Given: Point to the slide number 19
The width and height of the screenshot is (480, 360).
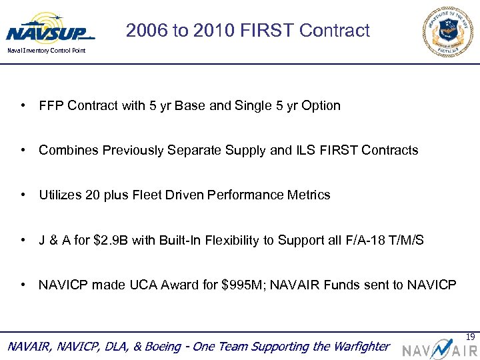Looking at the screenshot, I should pos(471,337).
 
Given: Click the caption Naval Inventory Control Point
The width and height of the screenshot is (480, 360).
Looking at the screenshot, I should pos(46,51).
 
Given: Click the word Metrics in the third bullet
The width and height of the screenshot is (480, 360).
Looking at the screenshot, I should pos(308,195).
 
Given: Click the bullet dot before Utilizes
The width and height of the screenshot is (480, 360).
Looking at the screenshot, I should pos(23,195).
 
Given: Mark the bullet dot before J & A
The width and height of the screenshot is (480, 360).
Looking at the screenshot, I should pos(23,240).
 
